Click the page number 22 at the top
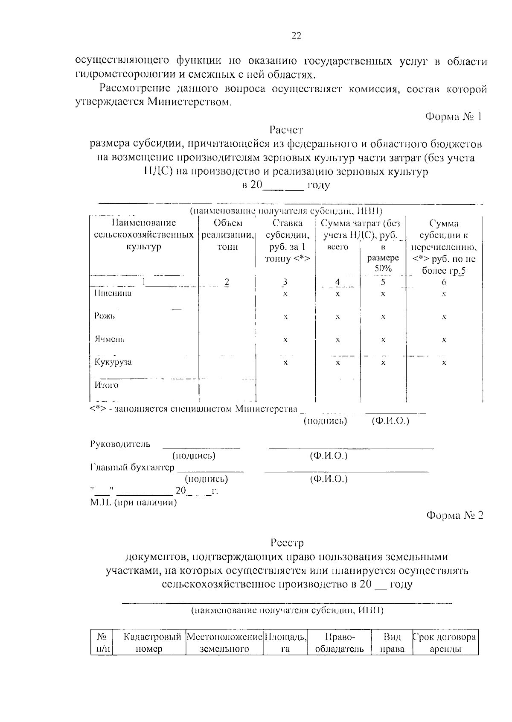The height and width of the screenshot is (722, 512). tap(296, 36)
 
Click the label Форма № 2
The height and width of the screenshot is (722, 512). tap(455, 515)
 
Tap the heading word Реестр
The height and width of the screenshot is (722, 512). tap(287, 543)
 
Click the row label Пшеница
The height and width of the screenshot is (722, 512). tap(113, 293)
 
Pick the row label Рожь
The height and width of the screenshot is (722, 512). tap(105, 316)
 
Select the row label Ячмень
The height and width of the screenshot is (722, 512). tap(110, 339)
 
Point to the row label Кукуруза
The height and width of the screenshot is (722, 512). tap(113, 362)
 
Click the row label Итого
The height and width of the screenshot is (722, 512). tap(106, 385)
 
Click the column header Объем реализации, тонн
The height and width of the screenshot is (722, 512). tap(228, 235)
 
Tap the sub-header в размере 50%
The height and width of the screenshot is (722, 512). tap(383, 258)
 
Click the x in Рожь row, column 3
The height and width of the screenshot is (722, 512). tap(285, 317)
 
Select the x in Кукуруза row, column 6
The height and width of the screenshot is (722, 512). tap(444, 362)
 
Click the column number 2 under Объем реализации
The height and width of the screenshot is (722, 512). tap(227, 282)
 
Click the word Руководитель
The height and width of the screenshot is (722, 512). tap(120, 444)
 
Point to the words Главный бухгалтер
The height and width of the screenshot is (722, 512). tap(132, 467)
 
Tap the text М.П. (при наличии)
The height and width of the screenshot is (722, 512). tap(133, 503)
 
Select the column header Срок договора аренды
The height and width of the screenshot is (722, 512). tap(445, 643)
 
